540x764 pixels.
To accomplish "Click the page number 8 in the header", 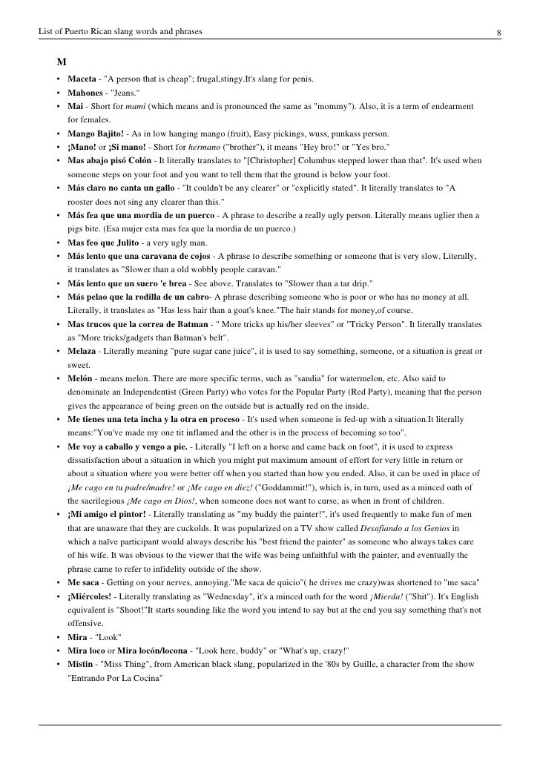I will pyautogui.click(x=500, y=32).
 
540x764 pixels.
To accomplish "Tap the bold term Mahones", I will pyautogui.click(x=86, y=93).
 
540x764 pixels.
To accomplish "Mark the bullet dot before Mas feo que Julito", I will pyautogui.click(x=57, y=243).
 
